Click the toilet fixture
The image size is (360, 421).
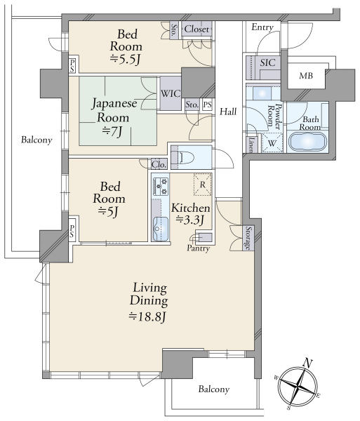click(x=181, y=157)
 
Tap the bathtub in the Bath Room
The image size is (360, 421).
click(x=307, y=141)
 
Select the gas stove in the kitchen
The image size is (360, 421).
click(x=160, y=186)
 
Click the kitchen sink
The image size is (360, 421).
click(x=160, y=229)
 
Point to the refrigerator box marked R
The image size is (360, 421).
click(x=203, y=185)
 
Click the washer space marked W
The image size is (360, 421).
click(x=272, y=143)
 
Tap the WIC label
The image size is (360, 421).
click(x=171, y=93)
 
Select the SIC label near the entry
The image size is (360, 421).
click(x=267, y=62)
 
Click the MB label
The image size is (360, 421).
click(x=306, y=76)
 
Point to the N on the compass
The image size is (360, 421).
click(x=307, y=363)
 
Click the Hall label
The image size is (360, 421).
click(x=228, y=112)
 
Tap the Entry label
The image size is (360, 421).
click(x=262, y=27)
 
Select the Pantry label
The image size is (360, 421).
click(x=198, y=248)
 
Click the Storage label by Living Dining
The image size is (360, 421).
click(x=249, y=239)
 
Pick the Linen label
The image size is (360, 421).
click(x=251, y=145)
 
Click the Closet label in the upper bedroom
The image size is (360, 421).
click(x=196, y=29)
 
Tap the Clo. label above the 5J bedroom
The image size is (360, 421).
click(x=159, y=164)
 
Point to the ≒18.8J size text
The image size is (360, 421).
click(x=147, y=317)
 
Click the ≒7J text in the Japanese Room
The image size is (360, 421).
click(x=112, y=131)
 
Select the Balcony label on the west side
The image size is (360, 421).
click(x=36, y=140)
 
